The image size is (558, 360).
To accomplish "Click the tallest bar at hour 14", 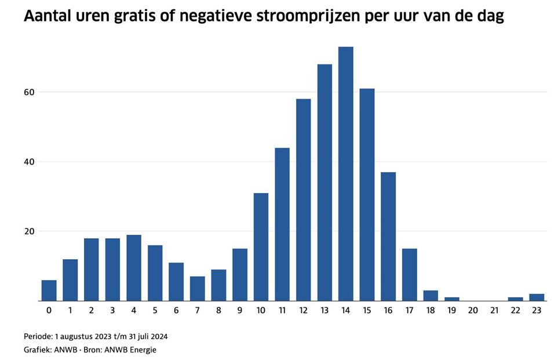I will tap(345, 174).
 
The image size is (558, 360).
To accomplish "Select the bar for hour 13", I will tap(324, 183).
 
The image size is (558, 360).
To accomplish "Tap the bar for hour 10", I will tap(261, 247).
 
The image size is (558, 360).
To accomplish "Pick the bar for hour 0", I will tap(49, 290).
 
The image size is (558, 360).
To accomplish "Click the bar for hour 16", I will tap(388, 237).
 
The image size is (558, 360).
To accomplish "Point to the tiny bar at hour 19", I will tap(452, 299).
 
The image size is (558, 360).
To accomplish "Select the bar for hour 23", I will tap(537, 297).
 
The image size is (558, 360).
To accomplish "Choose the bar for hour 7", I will tap(198, 289).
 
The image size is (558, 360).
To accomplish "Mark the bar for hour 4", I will tap(134, 268).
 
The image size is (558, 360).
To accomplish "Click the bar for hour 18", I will tap(431, 296).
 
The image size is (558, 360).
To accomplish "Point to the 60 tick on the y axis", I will tap(30, 92).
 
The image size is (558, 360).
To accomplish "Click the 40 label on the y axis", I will tap(30, 162).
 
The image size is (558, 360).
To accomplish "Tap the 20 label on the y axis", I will tap(30, 231).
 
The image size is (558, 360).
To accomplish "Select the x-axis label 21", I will tap(494, 311).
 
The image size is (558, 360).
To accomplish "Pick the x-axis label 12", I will tap(303, 311).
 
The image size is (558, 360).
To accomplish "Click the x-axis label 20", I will tap(473, 311).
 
